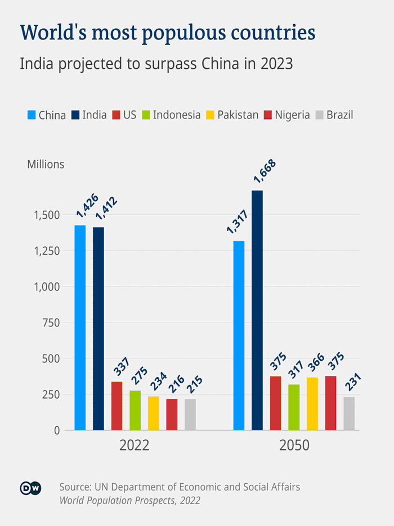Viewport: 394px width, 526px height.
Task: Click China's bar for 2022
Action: tap(80, 328)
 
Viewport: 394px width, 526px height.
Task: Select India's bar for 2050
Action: tap(257, 310)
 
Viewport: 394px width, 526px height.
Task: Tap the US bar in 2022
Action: tap(117, 406)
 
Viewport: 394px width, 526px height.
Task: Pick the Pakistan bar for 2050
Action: tap(312, 404)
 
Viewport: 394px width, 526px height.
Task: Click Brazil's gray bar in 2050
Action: tap(349, 413)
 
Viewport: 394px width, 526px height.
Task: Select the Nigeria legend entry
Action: tap(292, 115)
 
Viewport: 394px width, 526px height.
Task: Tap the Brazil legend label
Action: tap(339, 115)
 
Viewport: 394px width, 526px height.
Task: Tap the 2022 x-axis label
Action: tap(134, 445)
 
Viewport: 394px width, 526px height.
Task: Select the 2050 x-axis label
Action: tap(294, 445)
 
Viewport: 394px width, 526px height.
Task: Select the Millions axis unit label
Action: tap(46, 165)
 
